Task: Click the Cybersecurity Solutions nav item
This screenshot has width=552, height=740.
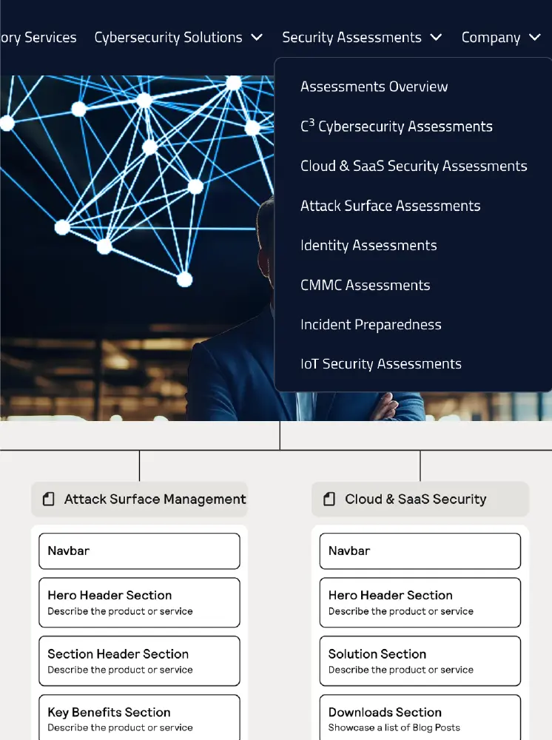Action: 169,38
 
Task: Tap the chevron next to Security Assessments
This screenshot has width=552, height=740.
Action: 436,38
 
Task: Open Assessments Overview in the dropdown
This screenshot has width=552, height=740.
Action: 374,87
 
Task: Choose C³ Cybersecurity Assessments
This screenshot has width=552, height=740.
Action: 396,127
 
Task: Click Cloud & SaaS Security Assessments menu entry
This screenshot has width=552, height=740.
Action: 414,166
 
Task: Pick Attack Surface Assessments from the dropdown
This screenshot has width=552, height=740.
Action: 390,206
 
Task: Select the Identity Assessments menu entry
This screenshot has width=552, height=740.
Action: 368,246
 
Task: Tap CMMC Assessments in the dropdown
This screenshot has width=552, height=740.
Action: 365,285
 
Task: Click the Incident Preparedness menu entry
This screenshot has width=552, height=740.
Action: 371,325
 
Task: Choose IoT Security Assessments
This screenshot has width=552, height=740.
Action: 380,364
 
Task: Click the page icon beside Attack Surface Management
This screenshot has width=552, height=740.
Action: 49,499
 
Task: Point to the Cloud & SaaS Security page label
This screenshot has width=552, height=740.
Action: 415,499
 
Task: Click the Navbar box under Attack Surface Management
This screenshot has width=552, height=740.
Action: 139,551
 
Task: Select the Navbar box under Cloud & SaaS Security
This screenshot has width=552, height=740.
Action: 420,551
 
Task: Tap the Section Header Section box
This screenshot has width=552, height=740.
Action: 139,661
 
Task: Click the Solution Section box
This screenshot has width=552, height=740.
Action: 420,661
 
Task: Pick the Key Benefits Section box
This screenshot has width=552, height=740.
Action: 139,718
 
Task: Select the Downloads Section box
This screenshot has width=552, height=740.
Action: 420,718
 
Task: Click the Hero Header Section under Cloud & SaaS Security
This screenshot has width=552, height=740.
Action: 420,602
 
